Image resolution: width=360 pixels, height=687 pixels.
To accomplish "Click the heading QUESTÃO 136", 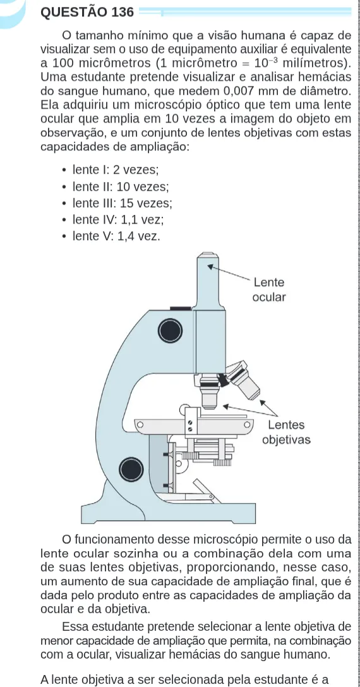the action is pos(87,12).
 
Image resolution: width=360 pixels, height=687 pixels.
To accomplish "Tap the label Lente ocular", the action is pos(269,290).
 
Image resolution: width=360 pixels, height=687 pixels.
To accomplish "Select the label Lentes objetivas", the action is pos(287,432).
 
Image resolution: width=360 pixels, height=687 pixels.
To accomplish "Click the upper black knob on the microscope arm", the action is pos(170,331).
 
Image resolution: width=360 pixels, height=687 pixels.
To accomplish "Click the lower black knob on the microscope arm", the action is pos(131,469).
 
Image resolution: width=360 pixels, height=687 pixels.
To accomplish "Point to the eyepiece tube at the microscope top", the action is pos(208,281).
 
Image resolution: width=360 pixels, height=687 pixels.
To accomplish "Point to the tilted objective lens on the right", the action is pos(243,379).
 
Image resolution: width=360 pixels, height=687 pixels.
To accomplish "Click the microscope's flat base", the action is pos(169,513).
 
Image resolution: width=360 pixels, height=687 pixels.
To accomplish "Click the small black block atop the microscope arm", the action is pos(181,308).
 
